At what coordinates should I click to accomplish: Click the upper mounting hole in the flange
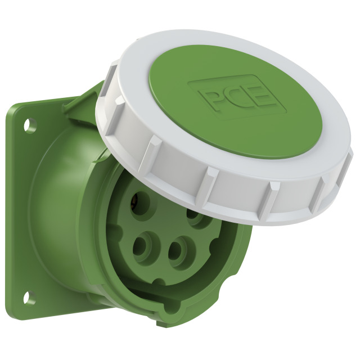(30, 125)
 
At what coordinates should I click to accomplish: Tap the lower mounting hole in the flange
(30, 298)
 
